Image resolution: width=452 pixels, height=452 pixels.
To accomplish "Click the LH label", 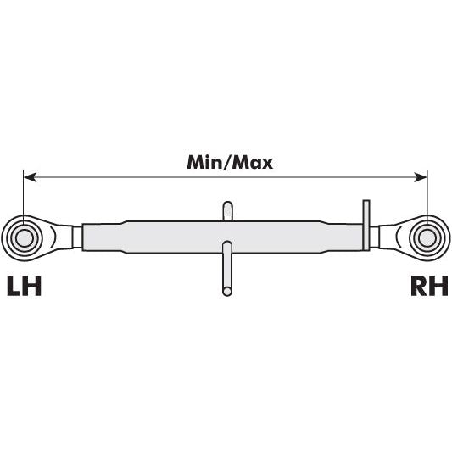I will pyautogui.click(x=24, y=286).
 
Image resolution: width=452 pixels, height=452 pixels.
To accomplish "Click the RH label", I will pyautogui.click(x=428, y=286).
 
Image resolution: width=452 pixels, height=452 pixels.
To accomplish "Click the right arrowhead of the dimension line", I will pyautogui.click(x=421, y=177).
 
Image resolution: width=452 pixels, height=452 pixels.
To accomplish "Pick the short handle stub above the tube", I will pyautogui.click(x=227, y=210).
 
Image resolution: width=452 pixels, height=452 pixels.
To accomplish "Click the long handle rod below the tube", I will pyautogui.click(x=227, y=267).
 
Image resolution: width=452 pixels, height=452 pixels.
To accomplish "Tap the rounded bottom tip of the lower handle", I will pyautogui.click(x=227, y=293).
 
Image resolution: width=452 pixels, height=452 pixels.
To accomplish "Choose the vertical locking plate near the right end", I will pyautogui.click(x=366, y=225).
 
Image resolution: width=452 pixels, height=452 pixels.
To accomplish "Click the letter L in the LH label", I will pyautogui.click(x=14, y=286).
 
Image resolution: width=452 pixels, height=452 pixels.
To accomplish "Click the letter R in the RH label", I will pyautogui.click(x=418, y=286).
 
